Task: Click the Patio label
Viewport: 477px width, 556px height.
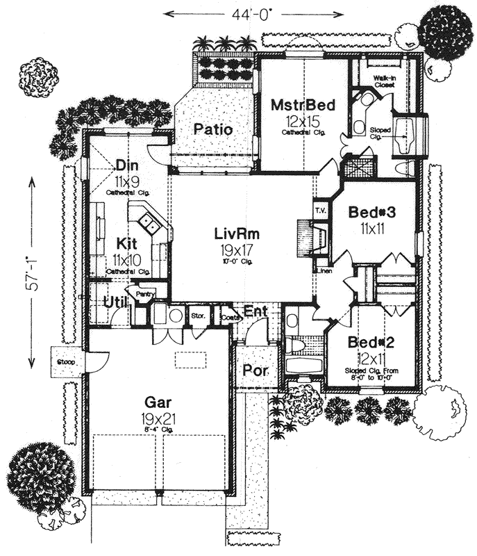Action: tap(212, 129)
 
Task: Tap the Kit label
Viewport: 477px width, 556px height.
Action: tap(126, 244)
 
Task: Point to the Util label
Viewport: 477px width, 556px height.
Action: tap(115, 301)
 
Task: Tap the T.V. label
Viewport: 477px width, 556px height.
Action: tap(321, 211)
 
